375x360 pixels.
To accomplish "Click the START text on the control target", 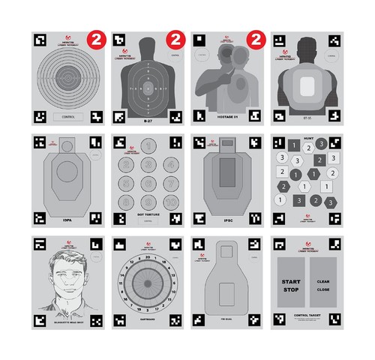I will coord(289,281).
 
